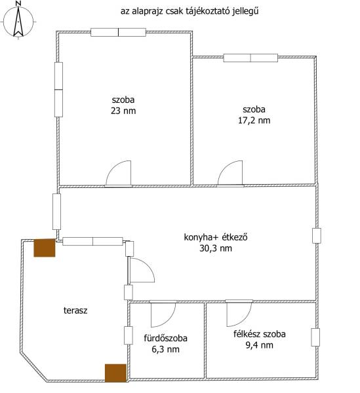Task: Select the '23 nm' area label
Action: (x=123, y=111)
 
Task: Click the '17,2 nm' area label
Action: (x=254, y=121)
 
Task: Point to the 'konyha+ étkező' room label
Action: (x=216, y=237)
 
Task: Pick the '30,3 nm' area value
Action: (x=216, y=248)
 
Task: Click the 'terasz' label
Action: (x=75, y=310)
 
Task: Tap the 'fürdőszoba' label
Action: (x=165, y=338)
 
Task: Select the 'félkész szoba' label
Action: (x=260, y=334)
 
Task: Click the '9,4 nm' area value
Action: (x=260, y=345)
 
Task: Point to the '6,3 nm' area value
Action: (x=165, y=349)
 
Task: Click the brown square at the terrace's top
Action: (x=45, y=248)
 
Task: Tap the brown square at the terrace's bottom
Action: (x=115, y=373)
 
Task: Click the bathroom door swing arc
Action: (x=169, y=322)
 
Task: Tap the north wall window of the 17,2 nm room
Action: (x=250, y=58)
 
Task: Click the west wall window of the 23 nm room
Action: (x=58, y=90)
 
